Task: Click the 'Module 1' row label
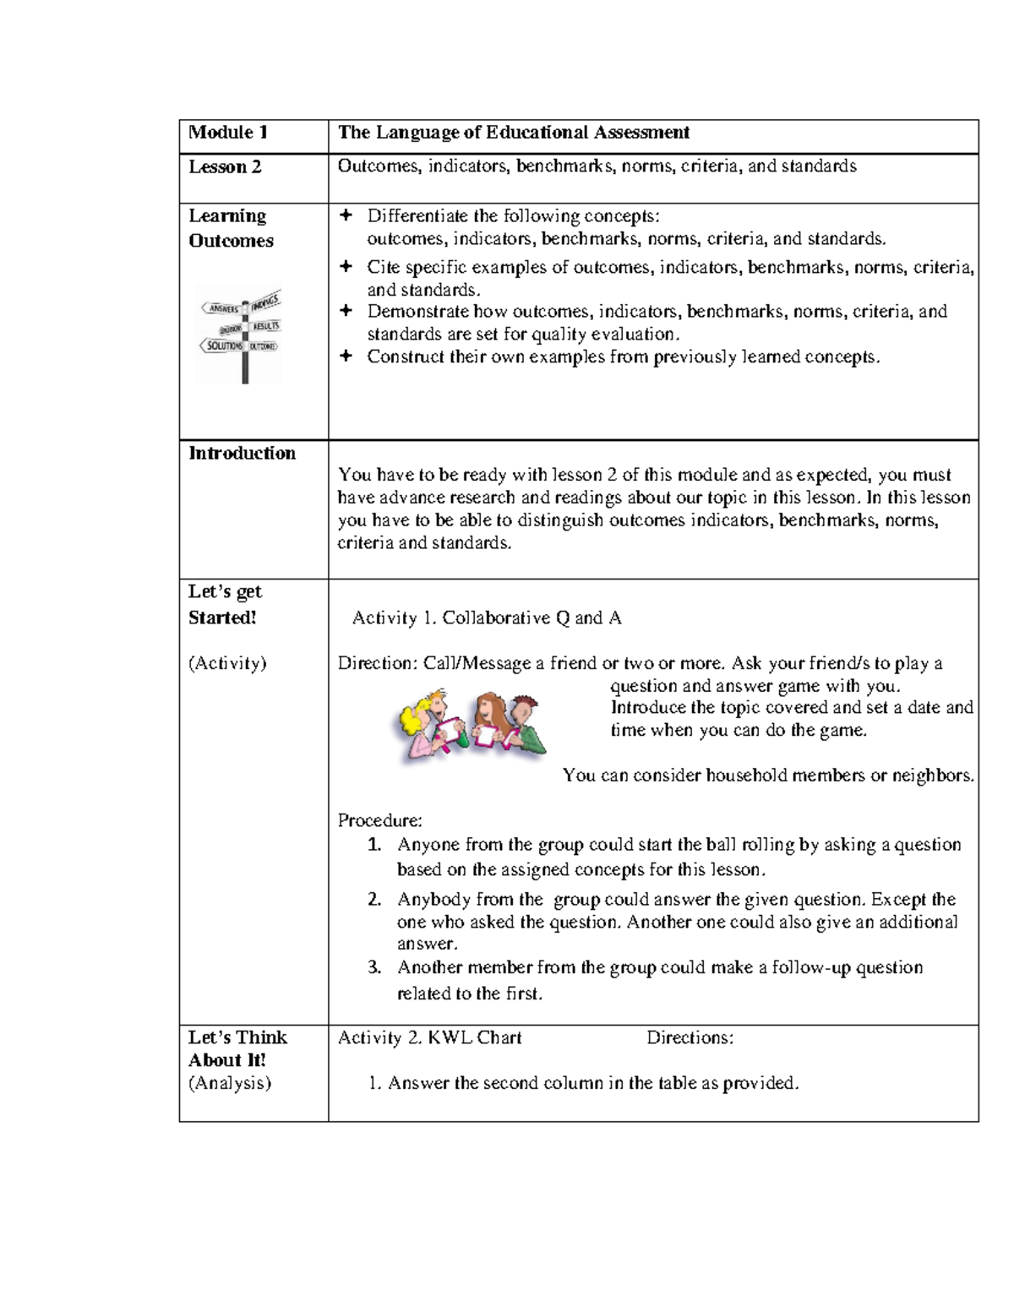pos(228,133)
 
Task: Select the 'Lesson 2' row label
pos(225,167)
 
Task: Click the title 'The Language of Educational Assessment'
pos(514,133)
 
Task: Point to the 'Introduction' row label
pos(242,454)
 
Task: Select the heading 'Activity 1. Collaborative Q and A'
pos(487,618)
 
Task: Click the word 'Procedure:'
pos(379,820)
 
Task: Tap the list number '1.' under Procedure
pos(375,845)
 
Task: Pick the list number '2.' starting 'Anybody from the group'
pos(375,900)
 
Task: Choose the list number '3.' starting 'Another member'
pos(375,968)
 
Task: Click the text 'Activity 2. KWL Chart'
pos(429,1037)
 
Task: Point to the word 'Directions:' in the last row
pos(690,1037)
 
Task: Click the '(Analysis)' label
pos(229,1083)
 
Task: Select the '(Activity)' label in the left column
pos(227,663)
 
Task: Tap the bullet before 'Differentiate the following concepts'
pos(345,216)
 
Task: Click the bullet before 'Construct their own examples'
pos(345,357)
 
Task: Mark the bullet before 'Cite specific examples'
pos(345,268)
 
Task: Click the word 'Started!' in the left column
pos(222,618)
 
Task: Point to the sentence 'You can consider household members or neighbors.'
pos(768,776)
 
